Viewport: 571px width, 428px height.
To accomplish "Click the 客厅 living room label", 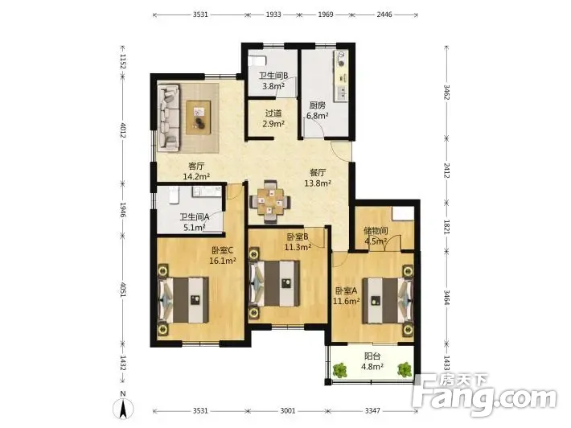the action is pyautogui.click(x=196, y=167).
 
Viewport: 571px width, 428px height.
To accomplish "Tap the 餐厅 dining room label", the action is pyautogui.click(x=318, y=173).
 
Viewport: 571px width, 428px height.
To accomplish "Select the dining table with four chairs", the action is pyautogui.click(x=270, y=201).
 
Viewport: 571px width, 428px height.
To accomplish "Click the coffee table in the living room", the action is pyautogui.click(x=199, y=117).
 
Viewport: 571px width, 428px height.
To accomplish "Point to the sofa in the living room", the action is pyautogui.click(x=169, y=118).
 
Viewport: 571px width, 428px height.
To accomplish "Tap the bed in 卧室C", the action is pyautogui.click(x=183, y=300).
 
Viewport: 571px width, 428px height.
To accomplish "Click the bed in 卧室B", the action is pyautogui.click(x=274, y=283).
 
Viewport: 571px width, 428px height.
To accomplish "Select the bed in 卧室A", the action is pyautogui.click(x=388, y=301).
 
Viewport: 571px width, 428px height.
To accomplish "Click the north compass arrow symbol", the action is pyautogui.click(x=124, y=409).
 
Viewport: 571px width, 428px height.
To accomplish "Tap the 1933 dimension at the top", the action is pyautogui.click(x=273, y=14).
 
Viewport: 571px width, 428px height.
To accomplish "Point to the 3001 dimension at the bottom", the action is pyautogui.click(x=288, y=411).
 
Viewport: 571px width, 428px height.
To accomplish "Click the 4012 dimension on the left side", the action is pyautogui.click(x=122, y=130).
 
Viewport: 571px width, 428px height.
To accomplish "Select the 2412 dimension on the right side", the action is pyautogui.click(x=446, y=171).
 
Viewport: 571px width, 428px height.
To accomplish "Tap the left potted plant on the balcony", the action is pyautogui.click(x=340, y=370).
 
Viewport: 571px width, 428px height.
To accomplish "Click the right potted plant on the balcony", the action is pyautogui.click(x=405, y=369).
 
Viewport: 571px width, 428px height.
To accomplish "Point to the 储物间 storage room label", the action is pyautogui.click(x=376, y=231).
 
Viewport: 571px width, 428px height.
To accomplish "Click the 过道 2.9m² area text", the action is pyautogui.click(x=273, y=119).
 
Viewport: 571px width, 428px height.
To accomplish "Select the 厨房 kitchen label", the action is pyautogui.click(x=318, y=105).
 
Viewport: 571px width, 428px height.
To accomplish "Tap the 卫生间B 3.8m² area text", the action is pyautogui.click(x=273, y=81).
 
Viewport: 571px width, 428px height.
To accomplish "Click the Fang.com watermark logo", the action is pyautogui.click(x=485, y=394).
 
